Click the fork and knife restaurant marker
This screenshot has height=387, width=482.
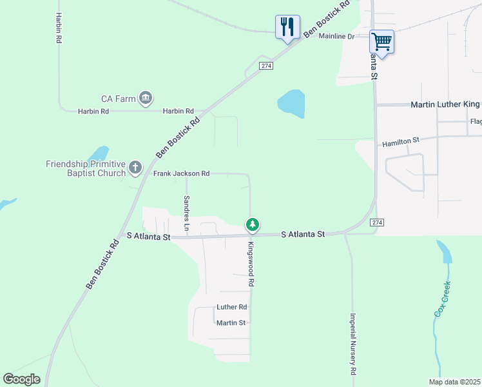[x=287, y=27]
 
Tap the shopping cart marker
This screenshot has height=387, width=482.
[x=381, y=43]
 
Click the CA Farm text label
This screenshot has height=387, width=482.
[x=119, y=99]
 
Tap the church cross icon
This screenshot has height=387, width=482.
[x=135, y=168]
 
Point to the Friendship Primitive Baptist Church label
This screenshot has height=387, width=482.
[x=86, y=168]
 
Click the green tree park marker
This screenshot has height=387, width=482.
[x=253, y=224]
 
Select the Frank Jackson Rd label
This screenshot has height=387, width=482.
[x=182, y=174]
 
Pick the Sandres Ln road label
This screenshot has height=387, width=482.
[x=187, y=213]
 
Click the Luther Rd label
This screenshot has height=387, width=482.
[x=232, y=307]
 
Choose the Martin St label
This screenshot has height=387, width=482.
[x=231, y=322]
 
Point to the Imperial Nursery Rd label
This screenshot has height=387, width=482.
[x=353, y=344]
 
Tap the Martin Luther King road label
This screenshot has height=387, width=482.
[x=445, y=104]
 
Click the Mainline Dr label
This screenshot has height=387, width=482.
[x=337, y=36]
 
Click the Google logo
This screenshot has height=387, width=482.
[x=21, y=379]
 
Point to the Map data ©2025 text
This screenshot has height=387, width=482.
[x=454, y=382]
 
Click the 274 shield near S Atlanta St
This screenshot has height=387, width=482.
[x=378, y=222]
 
